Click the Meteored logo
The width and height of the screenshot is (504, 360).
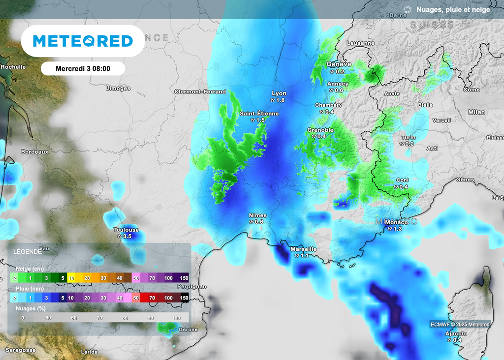coord(83,41)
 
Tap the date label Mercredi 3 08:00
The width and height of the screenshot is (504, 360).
coord(83,68)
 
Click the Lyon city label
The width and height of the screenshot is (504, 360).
coord(279,93)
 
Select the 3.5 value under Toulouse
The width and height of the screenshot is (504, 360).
coord(127,237)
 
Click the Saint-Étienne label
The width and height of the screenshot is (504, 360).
coord(259,114)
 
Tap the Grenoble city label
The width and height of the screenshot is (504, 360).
coord(320,130)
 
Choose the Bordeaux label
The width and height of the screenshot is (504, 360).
coord(34,152)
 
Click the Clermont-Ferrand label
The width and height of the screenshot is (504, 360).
coord(200,91)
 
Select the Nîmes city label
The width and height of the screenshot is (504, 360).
coord(258,215)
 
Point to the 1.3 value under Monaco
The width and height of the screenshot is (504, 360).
coord(398,229)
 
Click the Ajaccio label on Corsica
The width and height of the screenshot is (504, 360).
coord(456,334)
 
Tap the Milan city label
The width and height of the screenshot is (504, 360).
coord(476,112)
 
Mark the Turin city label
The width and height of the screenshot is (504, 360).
coord(408,138)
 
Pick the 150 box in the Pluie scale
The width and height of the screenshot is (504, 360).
coord(185,298)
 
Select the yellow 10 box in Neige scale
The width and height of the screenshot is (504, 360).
coord(71,278)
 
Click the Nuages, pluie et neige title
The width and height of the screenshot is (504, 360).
coord(453,9)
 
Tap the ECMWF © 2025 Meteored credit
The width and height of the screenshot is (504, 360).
coord(460,324)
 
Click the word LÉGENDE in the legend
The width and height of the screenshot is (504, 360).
coord(27,251)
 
